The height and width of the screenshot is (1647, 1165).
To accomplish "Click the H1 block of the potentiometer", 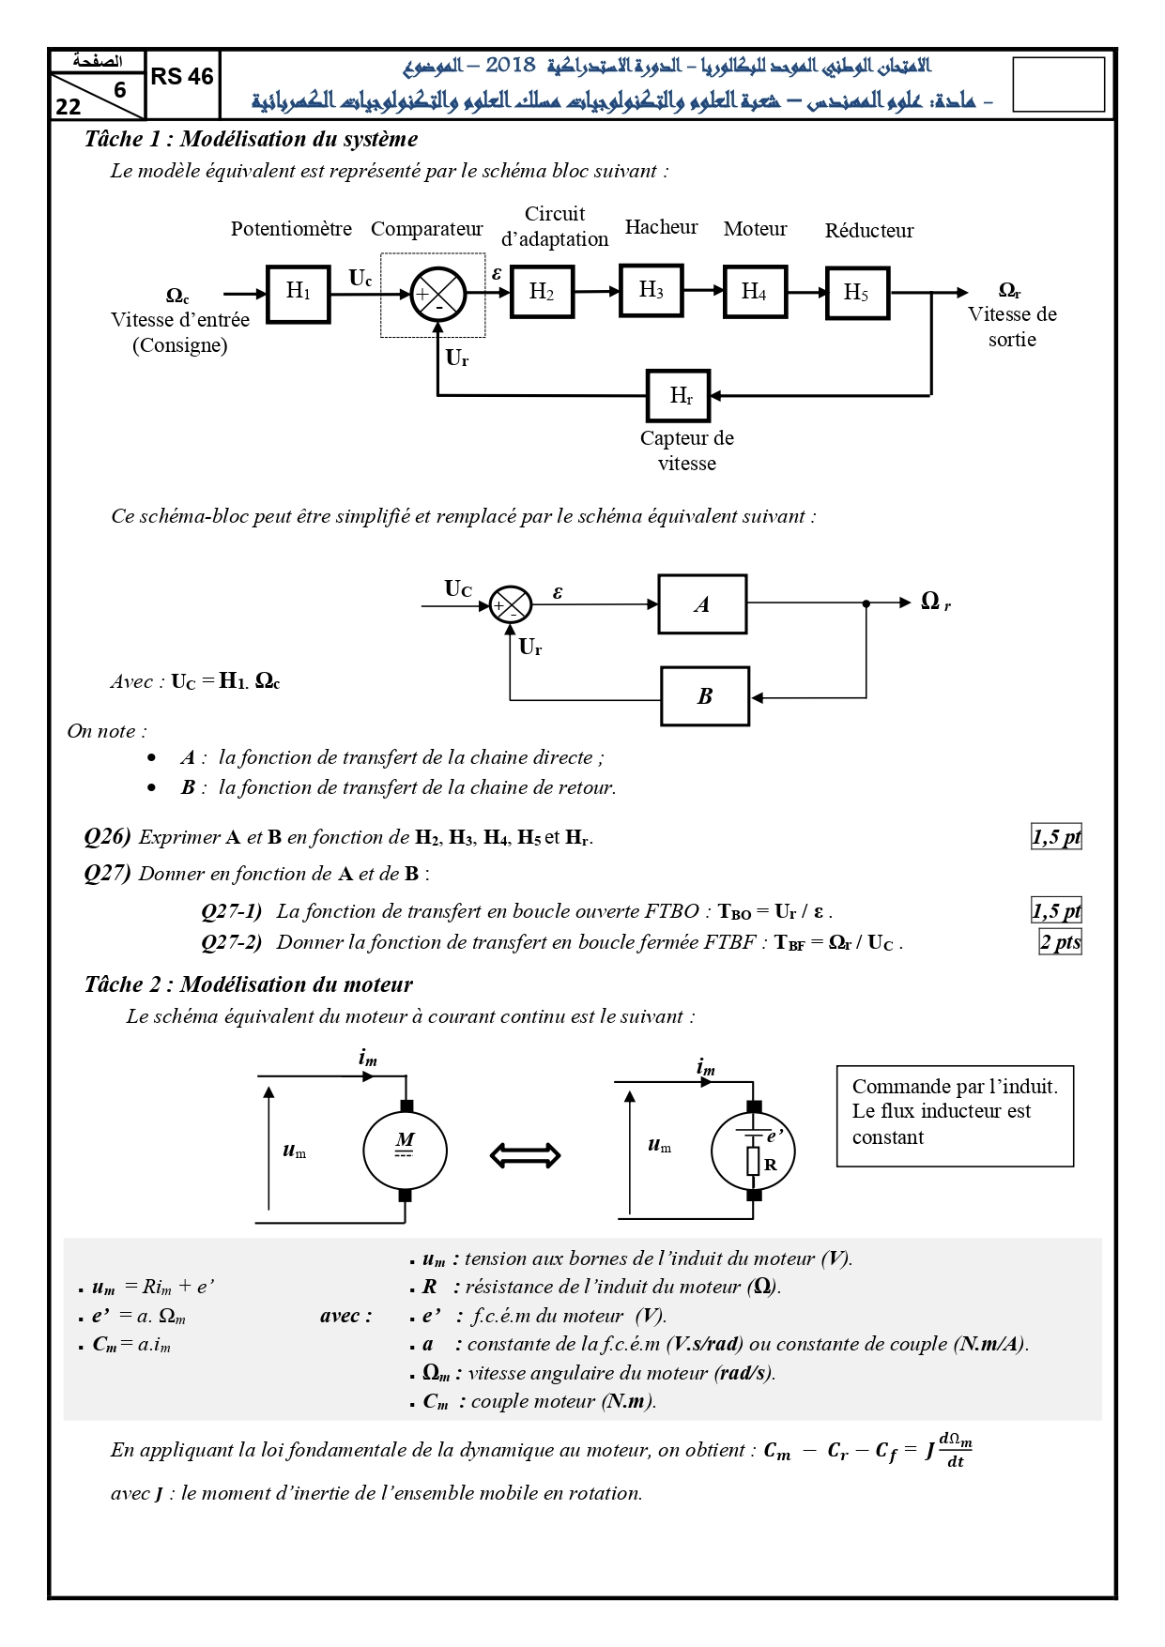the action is click(299, 294).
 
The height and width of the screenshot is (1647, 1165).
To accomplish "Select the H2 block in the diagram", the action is click(542, 292).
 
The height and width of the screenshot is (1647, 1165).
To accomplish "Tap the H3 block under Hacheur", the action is click(651, 290).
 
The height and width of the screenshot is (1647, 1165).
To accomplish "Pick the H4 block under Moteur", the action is click(755, 292).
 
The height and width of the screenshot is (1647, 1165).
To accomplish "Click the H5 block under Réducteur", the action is click(857, 293).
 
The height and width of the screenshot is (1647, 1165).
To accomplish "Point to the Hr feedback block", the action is click(679, 395).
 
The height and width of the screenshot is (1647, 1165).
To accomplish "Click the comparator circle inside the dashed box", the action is click(438, 294).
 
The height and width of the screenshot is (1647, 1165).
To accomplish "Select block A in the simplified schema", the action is click(702, 604).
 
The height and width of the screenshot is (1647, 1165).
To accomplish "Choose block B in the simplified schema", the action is click(705, 696).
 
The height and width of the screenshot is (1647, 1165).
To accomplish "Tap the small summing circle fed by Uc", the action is click(512, 605).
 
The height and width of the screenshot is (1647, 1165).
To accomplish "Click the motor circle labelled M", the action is click(405, 1151).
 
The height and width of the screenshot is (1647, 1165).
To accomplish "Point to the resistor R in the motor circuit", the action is click(753, 1161).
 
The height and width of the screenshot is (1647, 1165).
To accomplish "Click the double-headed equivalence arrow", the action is click(526, 1155).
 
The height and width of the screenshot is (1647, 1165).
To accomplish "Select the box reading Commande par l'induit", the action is click(955, 1116).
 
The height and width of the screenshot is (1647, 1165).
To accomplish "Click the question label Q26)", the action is click(107, 836).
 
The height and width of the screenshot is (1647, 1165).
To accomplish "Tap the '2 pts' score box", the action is click(1060, 941).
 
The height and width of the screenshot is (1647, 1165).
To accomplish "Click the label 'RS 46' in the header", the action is click(182, 77).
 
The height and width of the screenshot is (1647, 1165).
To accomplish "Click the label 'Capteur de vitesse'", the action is click(687, 450).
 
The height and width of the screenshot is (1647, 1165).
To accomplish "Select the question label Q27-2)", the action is click(232, 942).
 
